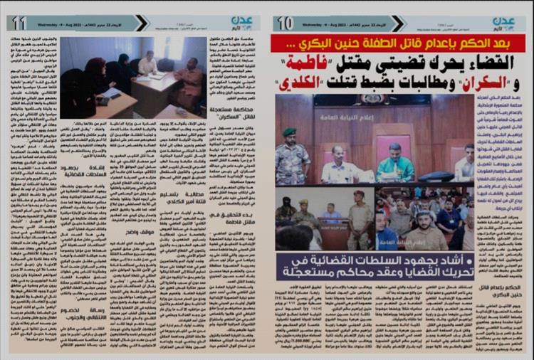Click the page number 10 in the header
pos(285,23)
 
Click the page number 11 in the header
pos(19,23)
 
